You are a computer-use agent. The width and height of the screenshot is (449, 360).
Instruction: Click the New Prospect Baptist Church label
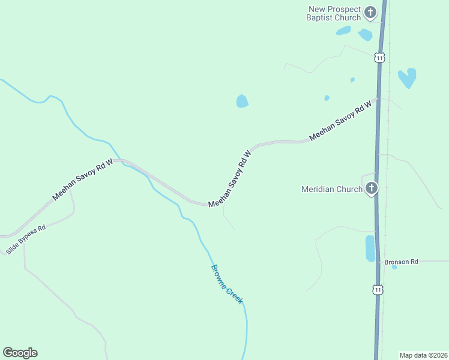334,13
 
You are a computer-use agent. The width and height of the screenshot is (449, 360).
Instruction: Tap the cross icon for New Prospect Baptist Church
370,12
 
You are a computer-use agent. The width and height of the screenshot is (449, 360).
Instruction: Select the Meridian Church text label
331,190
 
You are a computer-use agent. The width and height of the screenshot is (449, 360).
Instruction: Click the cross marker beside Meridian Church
372,189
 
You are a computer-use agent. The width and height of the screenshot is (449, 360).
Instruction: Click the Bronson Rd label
401,262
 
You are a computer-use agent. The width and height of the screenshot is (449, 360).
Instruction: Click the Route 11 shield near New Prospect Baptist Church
379,58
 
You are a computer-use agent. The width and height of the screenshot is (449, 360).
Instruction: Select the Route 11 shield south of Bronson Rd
377,290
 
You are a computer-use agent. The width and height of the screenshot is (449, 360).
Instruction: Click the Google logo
20,353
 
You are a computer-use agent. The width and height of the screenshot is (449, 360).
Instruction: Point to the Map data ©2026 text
424,355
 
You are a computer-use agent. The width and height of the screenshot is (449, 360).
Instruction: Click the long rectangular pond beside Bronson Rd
370,248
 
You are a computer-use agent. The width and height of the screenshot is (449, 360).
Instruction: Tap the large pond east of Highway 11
408,77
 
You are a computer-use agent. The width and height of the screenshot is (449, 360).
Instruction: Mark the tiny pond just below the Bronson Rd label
394,268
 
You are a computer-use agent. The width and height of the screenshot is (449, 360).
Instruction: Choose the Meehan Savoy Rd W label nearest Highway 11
341,121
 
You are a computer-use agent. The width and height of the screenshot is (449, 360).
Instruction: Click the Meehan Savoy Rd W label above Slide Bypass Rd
82,179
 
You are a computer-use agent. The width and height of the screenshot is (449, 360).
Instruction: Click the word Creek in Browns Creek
234,293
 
